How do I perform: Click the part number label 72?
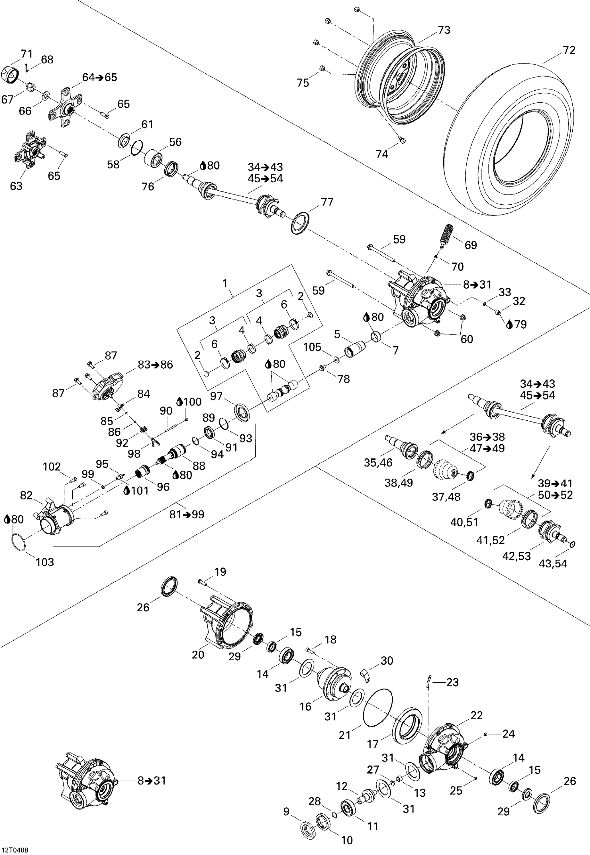tap(569, 50)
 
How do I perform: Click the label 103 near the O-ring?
tap(45, 562)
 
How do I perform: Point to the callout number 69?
tap(471, 245)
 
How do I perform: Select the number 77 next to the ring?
tap(327, 202)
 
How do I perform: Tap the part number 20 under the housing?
tap(198, 655)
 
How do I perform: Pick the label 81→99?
tap(187, 514)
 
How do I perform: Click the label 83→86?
tap(155, 365)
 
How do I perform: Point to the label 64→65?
tap(99, 77)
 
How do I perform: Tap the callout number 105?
tap(312, 347)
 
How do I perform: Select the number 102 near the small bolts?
tap(52, 467)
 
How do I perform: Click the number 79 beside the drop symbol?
tap(520, 324)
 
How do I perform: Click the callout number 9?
tap(286, 812)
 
